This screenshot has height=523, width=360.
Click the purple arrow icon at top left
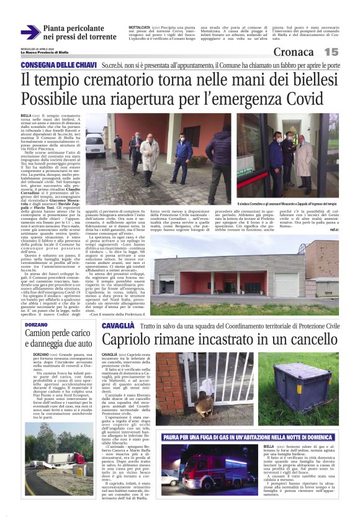tap(30, 32)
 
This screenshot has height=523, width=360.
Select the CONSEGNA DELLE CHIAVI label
tap(58, 65)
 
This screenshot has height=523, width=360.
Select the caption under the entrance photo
tap(290, 204)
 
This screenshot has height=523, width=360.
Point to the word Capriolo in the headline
tap(128, 340)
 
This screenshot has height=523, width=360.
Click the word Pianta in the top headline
tap(59, 28)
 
